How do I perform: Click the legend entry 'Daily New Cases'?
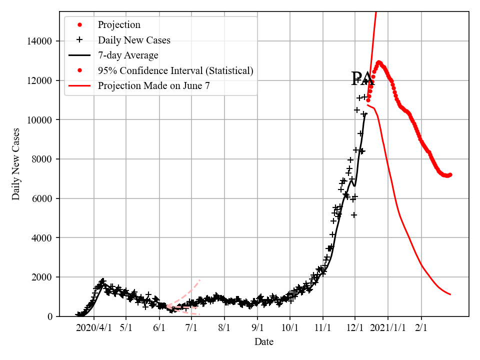134,40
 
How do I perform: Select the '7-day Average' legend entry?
128,55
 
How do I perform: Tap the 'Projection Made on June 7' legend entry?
153,85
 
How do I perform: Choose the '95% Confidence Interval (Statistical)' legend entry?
175,70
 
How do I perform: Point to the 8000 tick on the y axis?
43,159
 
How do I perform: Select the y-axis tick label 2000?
43,277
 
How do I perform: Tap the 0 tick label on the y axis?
49,316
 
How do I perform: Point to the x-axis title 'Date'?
264,342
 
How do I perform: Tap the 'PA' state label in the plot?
362,79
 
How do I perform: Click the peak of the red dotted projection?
378,62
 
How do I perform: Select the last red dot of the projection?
450,174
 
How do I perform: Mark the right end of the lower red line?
450,294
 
